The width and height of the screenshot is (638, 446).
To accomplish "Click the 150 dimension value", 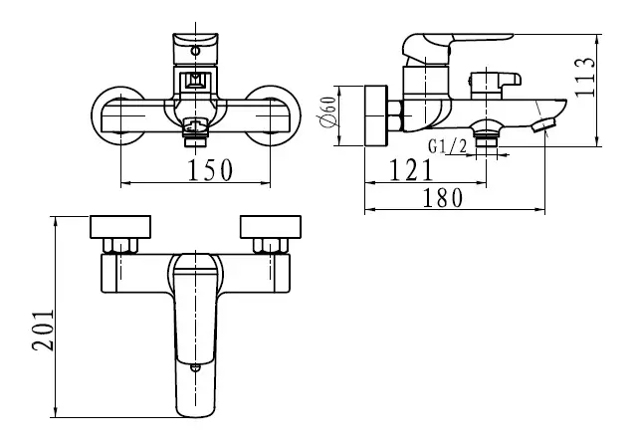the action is click(x=210, y=169).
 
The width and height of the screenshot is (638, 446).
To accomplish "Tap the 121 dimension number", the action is click(x=411, y=169).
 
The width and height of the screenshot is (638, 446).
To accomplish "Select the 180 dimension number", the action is click(x=443, y=198).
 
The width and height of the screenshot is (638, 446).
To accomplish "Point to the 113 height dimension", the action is click(x=584, y=77).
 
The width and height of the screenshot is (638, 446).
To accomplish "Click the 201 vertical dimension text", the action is click(x=43, y=331).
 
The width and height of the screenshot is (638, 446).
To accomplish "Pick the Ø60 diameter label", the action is click(x=327, y=112).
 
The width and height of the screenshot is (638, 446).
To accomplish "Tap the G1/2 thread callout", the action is click(x=448, y=146).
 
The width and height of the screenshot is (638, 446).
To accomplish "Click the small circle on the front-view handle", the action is click(x=196, y=52).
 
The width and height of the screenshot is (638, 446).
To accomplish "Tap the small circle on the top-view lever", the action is click(x=196, y=368).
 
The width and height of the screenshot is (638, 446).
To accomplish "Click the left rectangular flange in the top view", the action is click(x=120, y=227).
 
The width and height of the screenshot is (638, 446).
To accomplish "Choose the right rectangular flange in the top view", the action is click(x=271, y=227).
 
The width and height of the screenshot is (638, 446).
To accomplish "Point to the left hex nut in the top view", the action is click(x=120, y=246).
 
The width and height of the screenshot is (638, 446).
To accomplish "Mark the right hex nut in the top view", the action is click(x=271, y=246).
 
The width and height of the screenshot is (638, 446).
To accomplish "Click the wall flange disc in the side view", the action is click(x=376, y=115).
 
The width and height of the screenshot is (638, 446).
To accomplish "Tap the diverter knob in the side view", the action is click(x=496, y=85).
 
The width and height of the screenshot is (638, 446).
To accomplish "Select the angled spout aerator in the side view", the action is click(x=543, y=124).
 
